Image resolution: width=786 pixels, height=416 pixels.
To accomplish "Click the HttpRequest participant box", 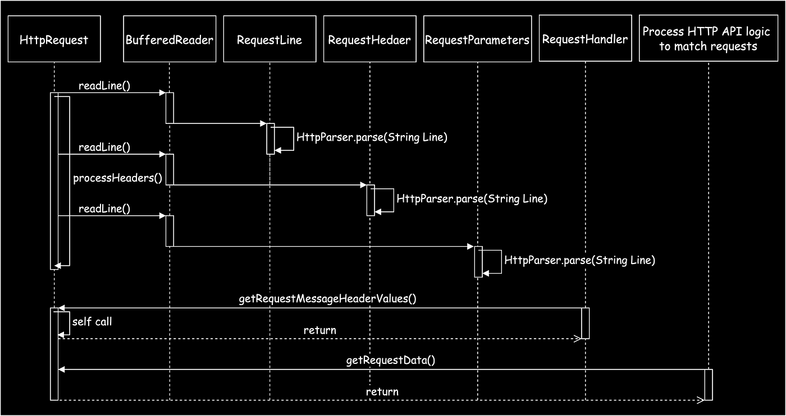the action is click(54, 39).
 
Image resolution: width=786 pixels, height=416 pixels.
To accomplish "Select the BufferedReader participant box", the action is click(170, 39).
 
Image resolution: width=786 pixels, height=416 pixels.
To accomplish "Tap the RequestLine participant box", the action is click(269, 39).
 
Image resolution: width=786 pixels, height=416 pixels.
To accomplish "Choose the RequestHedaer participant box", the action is click(369, 39).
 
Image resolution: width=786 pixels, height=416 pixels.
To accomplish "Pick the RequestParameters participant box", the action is click(477, 39).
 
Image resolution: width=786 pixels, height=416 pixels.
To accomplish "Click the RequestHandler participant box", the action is click(585, 38).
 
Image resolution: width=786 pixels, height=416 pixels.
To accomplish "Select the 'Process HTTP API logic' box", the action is click(708, 38).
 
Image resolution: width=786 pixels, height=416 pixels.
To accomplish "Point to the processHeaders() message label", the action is click(117, 178).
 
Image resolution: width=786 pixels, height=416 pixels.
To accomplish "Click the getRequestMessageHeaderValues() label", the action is click(327, 299).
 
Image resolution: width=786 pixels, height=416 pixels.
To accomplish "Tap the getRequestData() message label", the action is click(391, 360).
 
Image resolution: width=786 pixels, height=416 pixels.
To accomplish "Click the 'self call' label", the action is click(92, 321).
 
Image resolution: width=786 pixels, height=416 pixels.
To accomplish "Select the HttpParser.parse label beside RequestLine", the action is click(372, 137).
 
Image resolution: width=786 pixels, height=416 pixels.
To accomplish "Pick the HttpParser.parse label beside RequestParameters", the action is click(579, 260).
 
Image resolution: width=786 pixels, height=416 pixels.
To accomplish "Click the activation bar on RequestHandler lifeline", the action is click(585, 323).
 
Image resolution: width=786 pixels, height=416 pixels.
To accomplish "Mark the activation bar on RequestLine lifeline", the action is click(270, 138).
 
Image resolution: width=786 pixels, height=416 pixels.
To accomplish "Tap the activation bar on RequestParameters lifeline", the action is click(478, 261).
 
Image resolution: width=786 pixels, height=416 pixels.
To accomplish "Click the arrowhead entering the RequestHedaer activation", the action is click(364, 184).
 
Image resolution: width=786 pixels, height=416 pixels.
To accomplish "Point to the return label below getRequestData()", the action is click(382, 391).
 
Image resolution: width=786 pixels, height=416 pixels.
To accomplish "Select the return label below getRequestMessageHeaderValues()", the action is click(319, 330).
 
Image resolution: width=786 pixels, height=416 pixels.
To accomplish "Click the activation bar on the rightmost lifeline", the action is click(709, 385).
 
